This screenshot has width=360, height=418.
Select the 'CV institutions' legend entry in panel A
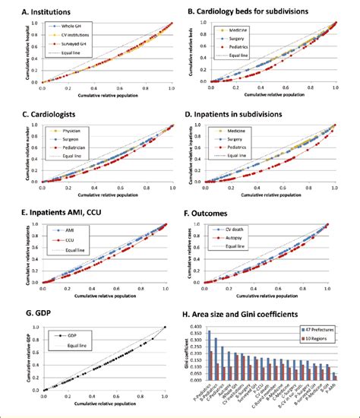coord(79,35)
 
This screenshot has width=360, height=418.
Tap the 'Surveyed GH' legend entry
coord(77,43)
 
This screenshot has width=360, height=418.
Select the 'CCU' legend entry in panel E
coord(71,238)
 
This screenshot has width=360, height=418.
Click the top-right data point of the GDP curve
coord(165,328)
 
